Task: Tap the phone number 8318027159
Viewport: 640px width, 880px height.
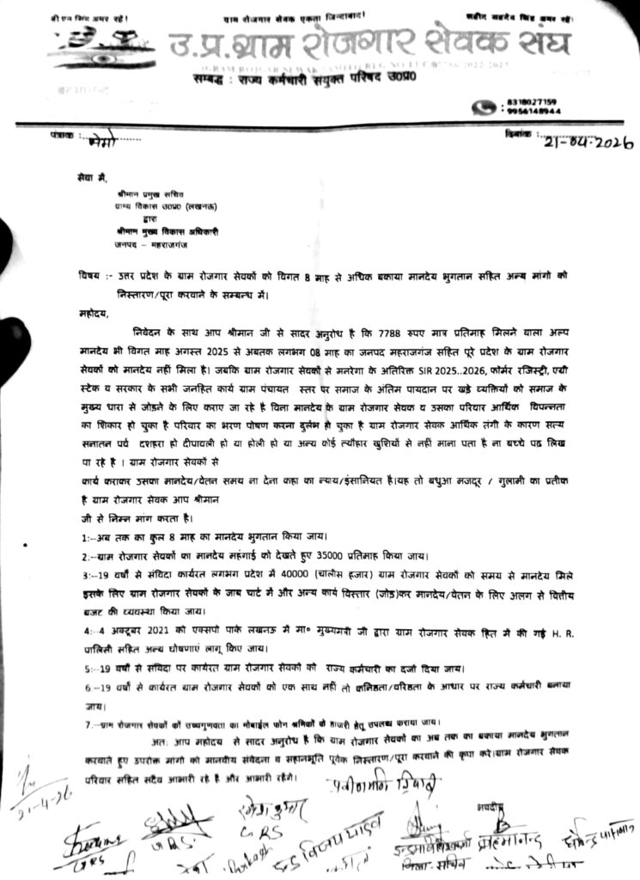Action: pos(537,101)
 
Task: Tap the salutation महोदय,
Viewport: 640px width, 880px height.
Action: pos(92,314)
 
